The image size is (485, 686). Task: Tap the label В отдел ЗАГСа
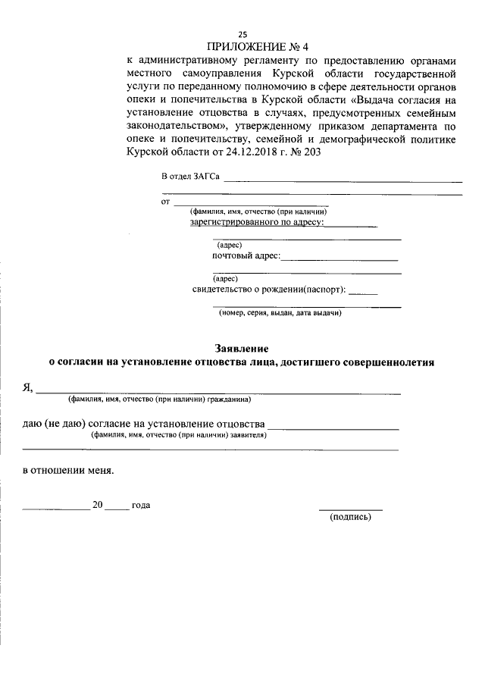[x=190, y=177]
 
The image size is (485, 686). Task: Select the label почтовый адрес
[x=246, y=256]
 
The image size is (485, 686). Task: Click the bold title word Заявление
[x=242, y=349]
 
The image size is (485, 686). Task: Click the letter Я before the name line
[x=27, y=387]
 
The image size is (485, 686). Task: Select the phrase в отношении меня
[x=68, y=470]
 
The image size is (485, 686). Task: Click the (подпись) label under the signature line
[x=350, y=517]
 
